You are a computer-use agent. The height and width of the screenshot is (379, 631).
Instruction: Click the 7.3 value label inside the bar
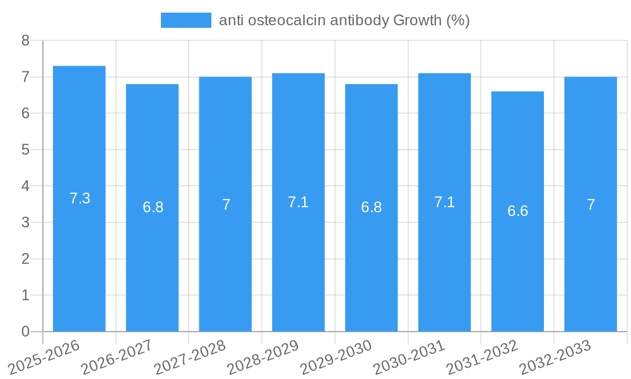[x=80, y=198]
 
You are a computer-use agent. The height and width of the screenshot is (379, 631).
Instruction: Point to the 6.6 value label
[x=517, y=211]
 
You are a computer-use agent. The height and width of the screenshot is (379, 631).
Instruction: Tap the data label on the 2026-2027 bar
[x=153, y=207]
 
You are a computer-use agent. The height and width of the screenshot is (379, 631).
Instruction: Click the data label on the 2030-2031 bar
[x=444, y=202]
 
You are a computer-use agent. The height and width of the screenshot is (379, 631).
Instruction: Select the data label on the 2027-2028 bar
[x=226, y=205]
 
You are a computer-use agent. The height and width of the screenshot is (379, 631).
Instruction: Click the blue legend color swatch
[x=186, y=20]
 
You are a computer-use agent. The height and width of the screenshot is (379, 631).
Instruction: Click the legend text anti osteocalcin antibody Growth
[x=344, y=20]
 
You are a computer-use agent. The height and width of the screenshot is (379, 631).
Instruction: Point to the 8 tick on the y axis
[x=26, y=40]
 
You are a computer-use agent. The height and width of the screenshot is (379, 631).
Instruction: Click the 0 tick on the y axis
[x=26, y=332]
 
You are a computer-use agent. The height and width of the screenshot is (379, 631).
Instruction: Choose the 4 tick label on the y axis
[x=26, y=186]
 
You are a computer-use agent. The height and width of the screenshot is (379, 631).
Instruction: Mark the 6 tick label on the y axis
[x=26, y=114]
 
